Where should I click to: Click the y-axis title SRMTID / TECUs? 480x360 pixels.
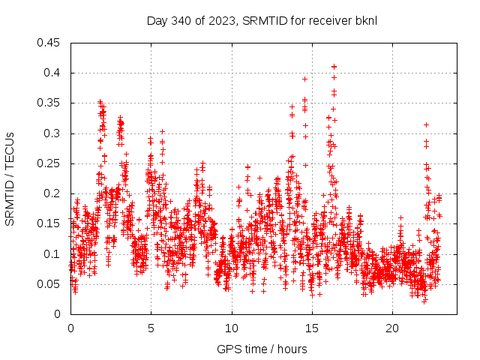pos(10,178)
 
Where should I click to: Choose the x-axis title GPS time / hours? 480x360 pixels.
pos(262,349)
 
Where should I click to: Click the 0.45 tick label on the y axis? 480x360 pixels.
pos(49,43)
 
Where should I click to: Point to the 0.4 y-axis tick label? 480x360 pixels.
pos(52,73)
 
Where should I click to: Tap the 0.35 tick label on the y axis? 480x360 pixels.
pos(49,103)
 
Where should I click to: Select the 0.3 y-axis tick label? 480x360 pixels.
pos(52,133)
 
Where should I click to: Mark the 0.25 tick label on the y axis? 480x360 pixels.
pos(49,163)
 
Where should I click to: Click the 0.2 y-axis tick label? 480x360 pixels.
pos(52,193)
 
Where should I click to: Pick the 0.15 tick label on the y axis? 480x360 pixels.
pos(49,223)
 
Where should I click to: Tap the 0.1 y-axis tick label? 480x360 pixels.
pos(52,254)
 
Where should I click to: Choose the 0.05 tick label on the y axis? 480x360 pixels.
pos(49,284)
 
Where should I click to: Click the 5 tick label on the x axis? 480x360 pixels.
pos(151,328)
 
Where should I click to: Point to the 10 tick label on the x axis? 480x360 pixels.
pos(232,328)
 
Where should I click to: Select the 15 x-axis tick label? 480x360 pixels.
pos(312,328)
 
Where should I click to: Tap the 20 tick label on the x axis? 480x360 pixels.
pos(392,328)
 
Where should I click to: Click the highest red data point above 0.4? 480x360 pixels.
pos(334,66)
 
